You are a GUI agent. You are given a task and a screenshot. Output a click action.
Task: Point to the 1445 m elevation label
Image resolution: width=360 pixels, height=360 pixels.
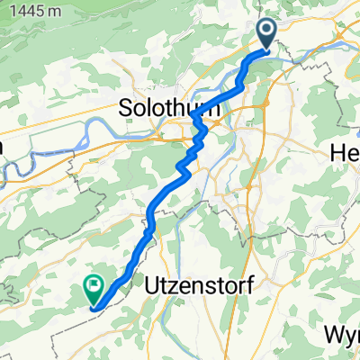31,12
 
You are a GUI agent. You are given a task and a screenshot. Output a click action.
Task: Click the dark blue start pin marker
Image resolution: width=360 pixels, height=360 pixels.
268,32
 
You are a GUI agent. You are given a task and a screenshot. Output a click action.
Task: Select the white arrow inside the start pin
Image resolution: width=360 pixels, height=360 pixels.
268,31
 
